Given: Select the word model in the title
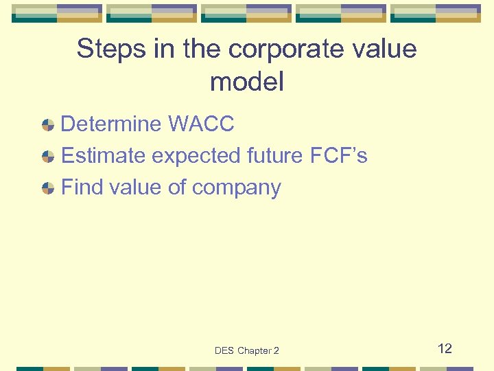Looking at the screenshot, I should (x=247, y=82).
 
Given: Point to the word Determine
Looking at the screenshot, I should (x=112, y=124).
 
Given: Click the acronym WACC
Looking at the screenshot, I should (x=201, y=124).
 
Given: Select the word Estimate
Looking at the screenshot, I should (x=104, y=156).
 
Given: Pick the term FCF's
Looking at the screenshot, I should (x=339, y=156).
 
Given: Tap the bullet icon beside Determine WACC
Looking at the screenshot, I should (x=48, y=125).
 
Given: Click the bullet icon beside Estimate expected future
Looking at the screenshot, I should (x=48, y=157).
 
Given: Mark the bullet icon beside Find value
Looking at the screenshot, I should (x=48, y=188).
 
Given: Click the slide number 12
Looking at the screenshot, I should (x=445, y=348).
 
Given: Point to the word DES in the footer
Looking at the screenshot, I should (x=224, y=351).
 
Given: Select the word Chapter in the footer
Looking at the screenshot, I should (x=255, y=351).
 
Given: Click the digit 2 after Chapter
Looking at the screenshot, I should (x=277, y=351).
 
